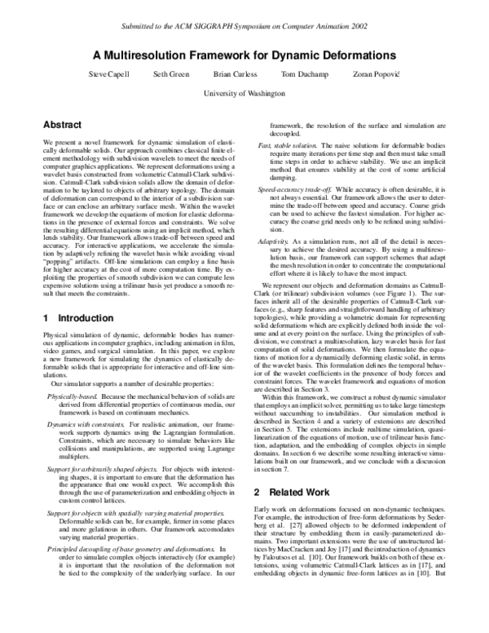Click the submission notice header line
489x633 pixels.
(244, 27)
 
